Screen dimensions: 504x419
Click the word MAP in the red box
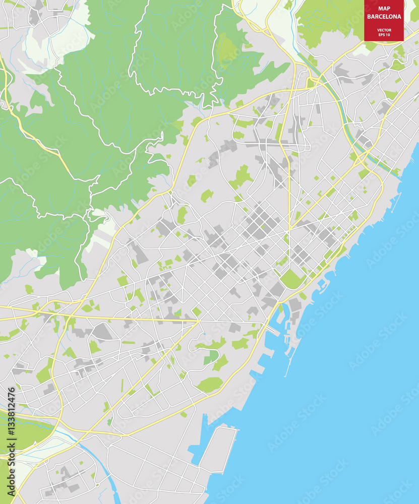pos(384,8)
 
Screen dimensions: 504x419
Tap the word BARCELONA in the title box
pos(384,17)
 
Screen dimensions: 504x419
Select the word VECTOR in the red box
pos(384,30)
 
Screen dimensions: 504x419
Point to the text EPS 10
pos(384,35)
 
